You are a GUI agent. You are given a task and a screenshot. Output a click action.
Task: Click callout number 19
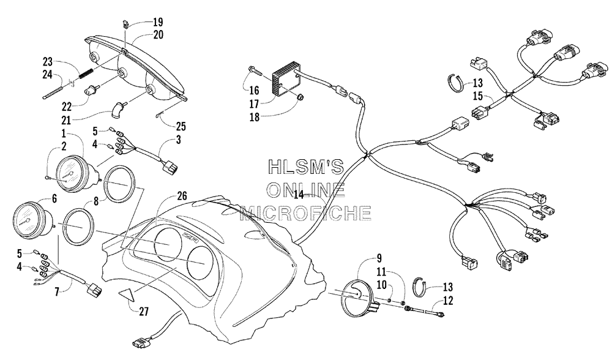point(158,22)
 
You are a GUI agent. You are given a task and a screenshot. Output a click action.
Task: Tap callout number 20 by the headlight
point(158,35)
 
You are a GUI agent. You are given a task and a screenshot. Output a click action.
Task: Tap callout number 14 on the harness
point(299,195)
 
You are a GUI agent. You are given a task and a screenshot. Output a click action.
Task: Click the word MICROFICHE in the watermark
point(305,213)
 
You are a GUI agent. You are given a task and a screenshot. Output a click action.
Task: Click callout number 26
point(182,196)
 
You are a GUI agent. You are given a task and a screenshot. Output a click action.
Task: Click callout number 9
point(379,258)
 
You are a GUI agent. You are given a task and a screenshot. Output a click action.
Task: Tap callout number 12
point(448,301)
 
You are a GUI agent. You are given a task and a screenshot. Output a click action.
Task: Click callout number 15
point(478,96)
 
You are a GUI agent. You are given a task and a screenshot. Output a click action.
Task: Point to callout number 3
point(178,140)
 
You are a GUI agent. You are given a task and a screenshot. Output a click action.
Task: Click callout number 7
point(58,291)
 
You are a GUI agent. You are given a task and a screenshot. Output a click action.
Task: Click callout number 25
point(181,126)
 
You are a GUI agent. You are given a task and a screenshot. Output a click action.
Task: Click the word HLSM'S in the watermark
point(307,167)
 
